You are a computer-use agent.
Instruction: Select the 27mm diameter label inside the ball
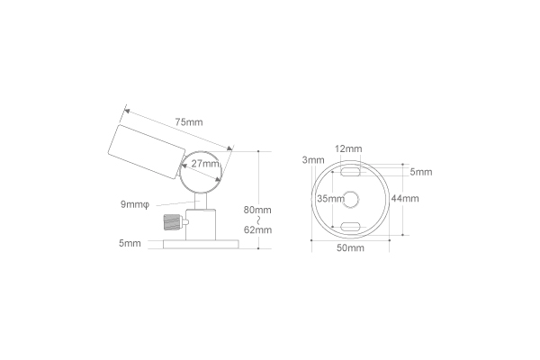(205, 164)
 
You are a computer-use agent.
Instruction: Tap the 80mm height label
(257, 210)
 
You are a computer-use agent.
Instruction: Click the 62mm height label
(257, 229)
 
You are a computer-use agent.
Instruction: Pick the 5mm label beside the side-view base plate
(130, 243)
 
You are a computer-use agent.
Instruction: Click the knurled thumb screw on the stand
(171, 221)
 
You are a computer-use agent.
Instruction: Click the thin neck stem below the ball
(201, 200)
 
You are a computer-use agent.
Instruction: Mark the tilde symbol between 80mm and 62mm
(257, 220)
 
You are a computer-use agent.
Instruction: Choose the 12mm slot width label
(348, 148)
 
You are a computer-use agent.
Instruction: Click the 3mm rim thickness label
(313, 160)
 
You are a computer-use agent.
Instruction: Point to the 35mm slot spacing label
(330, 198)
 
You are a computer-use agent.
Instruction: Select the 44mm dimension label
(405, 198)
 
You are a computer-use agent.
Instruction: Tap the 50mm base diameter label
(349, 247)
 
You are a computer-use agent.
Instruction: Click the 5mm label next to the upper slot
(420, 172)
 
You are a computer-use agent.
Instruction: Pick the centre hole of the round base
(350, 198)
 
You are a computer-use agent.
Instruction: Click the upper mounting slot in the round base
(350, 168)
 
